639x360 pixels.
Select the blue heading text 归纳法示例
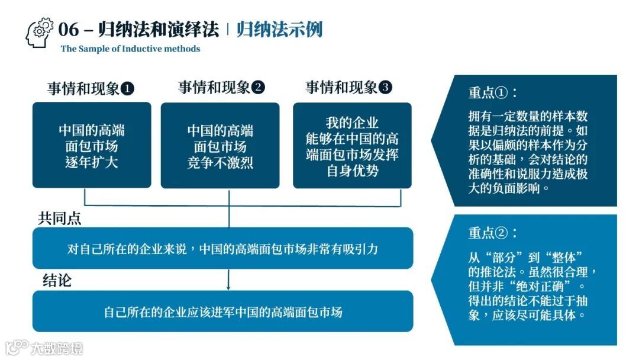pos(279,30)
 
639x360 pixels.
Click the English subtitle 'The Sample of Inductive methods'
pos(130,49)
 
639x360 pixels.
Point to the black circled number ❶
pos(127,89)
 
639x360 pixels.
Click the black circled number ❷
pos(258,88)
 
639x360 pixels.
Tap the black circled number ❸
pos(385,88)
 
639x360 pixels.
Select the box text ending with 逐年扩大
pos(92,146)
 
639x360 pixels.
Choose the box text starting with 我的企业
pos(352,147)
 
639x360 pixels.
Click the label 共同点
pos(60,218)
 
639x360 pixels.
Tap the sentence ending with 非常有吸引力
pos(222,249)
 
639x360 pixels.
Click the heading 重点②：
pos(492,233)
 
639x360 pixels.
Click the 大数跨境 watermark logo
pos(44,347)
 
